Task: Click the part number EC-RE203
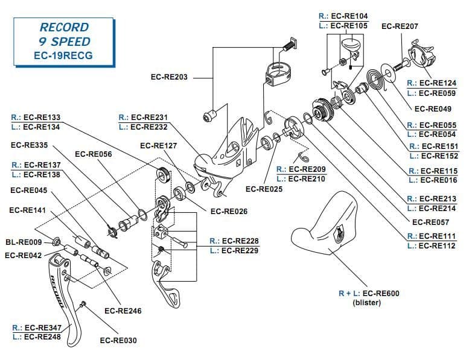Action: [x=169, y=77]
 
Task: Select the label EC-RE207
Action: [x=400, y=27]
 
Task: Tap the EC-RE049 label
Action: [x=433, y=109]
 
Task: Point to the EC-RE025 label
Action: [x=264, y=189]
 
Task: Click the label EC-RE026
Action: [x=229, y=212]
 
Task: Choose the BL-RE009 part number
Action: [x=24, y=242]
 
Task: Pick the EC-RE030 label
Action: [x=118, y=341]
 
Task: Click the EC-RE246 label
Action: [x=123, y=311]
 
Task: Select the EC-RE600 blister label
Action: [x=369, y=294]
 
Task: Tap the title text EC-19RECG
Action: [x=63, y=56]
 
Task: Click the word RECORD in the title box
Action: [x=63, y=28]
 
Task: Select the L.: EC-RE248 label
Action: [x=37, y=337]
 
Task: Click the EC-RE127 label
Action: [x=158, y=145]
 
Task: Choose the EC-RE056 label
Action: [x=94, y=154]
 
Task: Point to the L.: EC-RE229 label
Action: [x=234, y=250]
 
